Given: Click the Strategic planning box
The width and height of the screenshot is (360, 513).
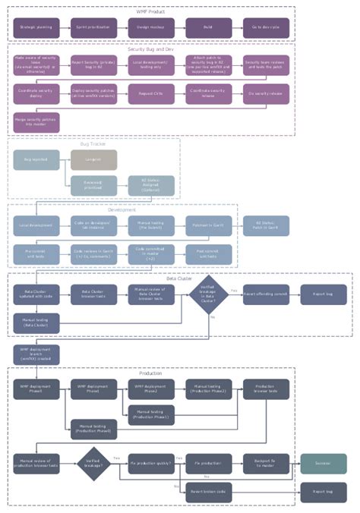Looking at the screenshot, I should coord(35,27).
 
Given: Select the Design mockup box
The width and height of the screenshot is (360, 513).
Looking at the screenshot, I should coord(150,27).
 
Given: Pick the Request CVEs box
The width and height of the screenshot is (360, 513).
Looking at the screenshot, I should coord(150,94).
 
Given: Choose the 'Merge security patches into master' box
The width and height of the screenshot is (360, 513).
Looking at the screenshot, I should coord(35,121).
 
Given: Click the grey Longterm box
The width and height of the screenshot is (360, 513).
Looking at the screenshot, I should coord(93,159).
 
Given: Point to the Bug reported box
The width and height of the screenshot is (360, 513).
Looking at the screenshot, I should coord(35,159).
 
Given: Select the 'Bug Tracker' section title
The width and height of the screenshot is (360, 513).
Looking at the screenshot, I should coord(93,143).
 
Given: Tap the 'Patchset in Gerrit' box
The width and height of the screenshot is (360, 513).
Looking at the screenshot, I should coord(208,225).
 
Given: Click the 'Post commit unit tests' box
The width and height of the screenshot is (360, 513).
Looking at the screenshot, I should coord(208,254).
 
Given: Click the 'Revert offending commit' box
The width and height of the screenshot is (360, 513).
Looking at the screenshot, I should coord(266,294).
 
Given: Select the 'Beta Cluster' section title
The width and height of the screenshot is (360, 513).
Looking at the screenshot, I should coord(180,279).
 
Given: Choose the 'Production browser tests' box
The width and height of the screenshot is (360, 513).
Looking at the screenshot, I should coord(266,389).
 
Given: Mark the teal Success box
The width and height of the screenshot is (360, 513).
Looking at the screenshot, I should coord(324,463).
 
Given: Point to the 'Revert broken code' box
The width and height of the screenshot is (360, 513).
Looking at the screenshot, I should coord(208,492).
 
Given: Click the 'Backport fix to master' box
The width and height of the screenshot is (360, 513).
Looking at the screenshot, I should coord(266,463).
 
